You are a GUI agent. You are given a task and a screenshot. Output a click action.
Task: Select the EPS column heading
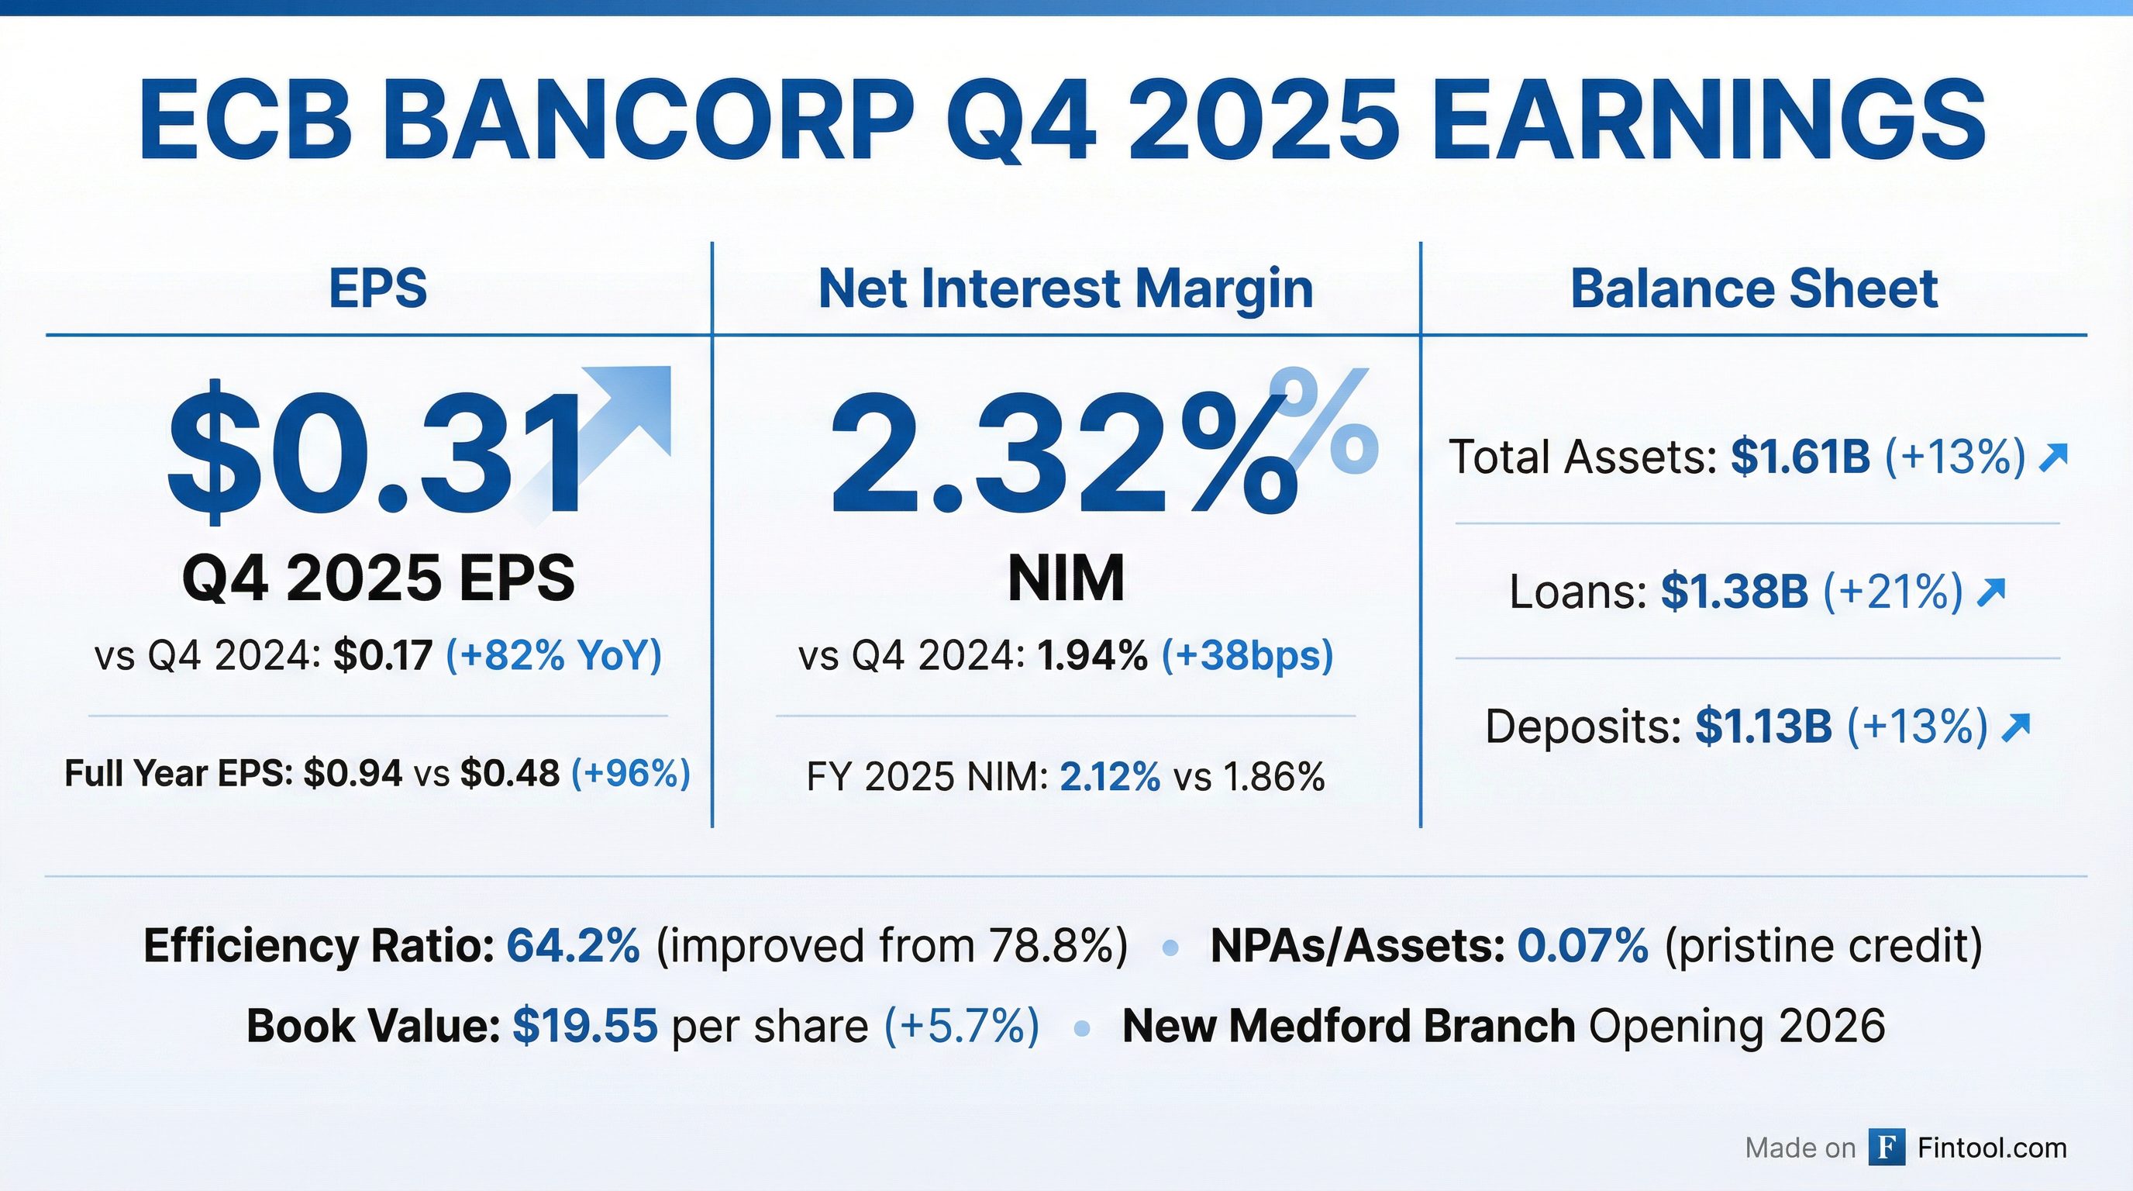tap(377, 288)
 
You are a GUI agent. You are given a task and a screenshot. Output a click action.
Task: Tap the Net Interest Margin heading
tap(1066, 289)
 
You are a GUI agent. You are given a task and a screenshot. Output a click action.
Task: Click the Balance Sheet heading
tap(1754, 288)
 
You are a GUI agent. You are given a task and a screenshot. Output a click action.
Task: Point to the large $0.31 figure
tap(377, 452)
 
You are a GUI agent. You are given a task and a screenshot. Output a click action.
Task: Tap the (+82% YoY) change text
tap(554, 656)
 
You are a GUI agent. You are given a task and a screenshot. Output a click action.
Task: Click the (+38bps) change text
tap(1247, 656)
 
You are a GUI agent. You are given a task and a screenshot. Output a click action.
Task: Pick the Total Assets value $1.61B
tap(1800, 457)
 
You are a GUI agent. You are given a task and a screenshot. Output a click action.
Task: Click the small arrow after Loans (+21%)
tap(1990, 592)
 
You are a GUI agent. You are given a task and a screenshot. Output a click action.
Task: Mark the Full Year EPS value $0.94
tap(353, 774)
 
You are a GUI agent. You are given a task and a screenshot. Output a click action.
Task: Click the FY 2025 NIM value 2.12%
tap(1111, 778)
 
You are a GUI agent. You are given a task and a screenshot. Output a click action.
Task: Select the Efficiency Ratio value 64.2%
tap(573, 946)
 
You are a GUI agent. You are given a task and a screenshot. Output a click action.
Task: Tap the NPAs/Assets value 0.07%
tap(1583, 946)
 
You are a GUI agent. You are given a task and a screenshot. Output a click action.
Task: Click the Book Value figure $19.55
tap(585, 1026)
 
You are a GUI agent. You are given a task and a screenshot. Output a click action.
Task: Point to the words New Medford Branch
tap(1348, 1026)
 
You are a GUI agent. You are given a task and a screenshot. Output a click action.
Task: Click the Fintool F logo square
tap(1887, 1147)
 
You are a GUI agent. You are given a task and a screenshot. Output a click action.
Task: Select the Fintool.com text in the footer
tap(1992, 1148)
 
